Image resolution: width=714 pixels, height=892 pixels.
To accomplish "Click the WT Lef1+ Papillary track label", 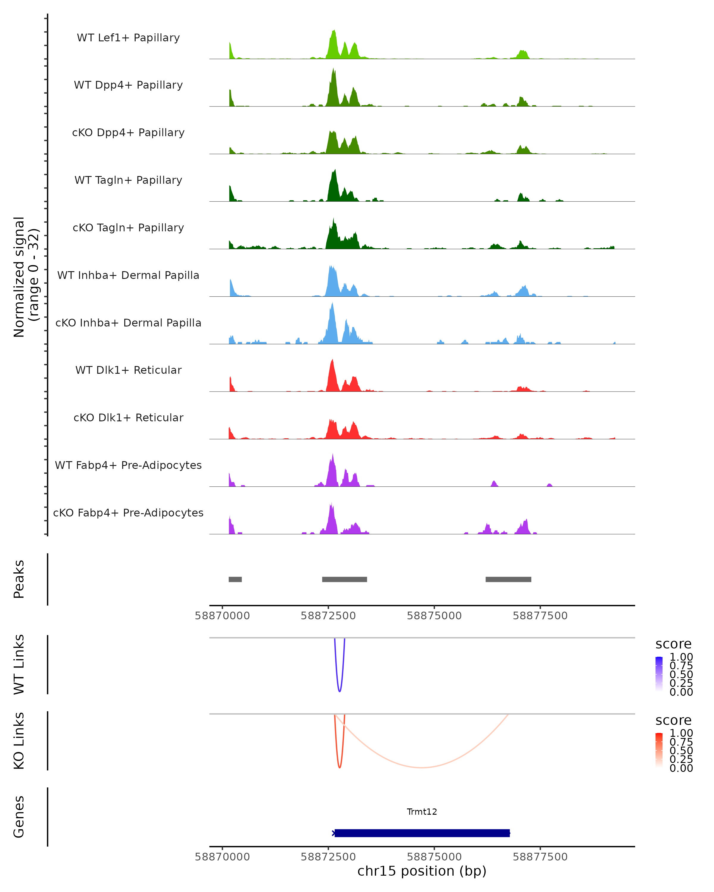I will (x=128, y=38).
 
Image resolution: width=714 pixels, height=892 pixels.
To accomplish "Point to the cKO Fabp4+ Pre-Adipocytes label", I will (x=128, y=513).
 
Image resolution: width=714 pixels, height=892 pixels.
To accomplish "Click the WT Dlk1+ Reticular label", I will (x=128, y=370).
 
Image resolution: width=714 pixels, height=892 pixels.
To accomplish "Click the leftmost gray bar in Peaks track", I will (x=235, y=579).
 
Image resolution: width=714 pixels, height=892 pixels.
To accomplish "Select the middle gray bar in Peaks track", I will (x=345, y=579).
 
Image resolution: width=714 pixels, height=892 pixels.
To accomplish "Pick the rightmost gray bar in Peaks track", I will (x=508, y=579).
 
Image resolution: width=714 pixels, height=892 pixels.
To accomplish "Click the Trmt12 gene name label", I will (x=422, y=812).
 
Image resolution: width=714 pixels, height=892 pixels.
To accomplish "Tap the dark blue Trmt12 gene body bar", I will (x=422, y=833).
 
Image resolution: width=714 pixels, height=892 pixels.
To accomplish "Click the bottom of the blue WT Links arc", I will (x=339, y=691).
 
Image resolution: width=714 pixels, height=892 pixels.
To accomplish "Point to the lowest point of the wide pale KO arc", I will (x=421, y=767).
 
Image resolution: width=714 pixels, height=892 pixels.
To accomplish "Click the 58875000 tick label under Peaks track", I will (x=434, y=616).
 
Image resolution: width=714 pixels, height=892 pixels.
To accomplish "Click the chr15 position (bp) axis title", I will (x=422, y=871).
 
